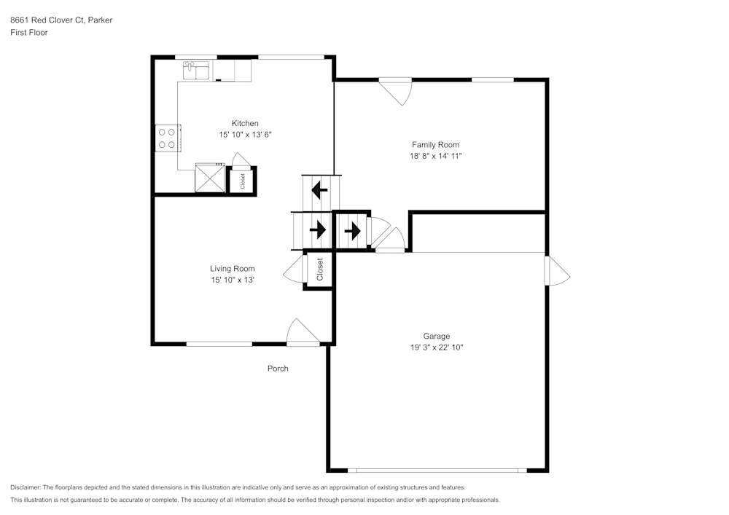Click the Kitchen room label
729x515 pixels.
(x=245, y=123)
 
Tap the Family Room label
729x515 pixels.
(x=435, y=145)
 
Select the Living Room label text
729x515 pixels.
(x=233, y=269)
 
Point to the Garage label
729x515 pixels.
(x=437, y=336)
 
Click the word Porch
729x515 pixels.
(x=278, y=369)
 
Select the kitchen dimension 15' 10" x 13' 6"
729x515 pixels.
(x=245, y=135)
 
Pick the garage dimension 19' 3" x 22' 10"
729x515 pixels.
(x=437, y=347)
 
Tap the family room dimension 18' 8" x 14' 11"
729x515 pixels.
(x=435, y=156)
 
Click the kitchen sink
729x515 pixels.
(x=196, y=70)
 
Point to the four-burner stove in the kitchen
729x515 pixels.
(x=167, y=138)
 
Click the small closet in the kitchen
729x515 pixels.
(x=242, y=180)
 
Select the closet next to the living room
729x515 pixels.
(x=319, y=270)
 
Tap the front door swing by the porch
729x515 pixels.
(x=301, y=331)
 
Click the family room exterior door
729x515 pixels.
(x=397, y=90)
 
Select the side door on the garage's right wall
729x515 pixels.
(x=558, y=270)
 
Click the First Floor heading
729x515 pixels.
(x=29, y=33)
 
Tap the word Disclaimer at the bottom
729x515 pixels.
(x=26, y=487)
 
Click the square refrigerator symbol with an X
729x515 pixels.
(x=209, y=178)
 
